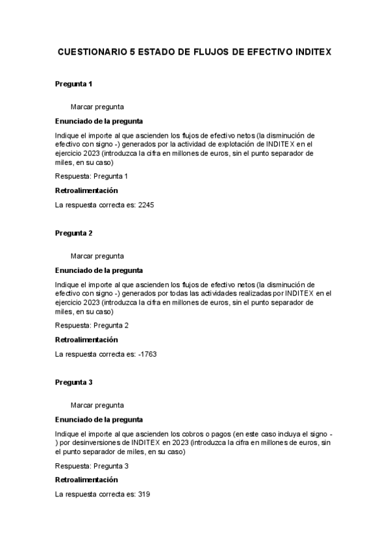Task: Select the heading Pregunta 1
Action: tap(73, 84)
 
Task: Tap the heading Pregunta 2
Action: tap(73, 233)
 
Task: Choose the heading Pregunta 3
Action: tap(73, 382)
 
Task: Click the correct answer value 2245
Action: tap(146, 205)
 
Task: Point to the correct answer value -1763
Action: tap(147, 354)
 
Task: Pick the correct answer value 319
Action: tap(144, 494)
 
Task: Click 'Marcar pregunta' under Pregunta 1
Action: tap(97, 107)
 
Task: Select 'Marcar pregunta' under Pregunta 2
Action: tap(97, 256)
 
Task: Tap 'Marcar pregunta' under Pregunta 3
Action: tap(97, 405)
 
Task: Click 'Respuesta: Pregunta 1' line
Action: tap(92, 176)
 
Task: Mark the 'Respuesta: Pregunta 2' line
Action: tap(92, 326)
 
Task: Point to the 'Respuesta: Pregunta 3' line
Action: tap(92, 466)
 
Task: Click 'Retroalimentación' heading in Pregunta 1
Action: tap(86, 190)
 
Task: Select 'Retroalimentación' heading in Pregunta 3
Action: tap(86, 480)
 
